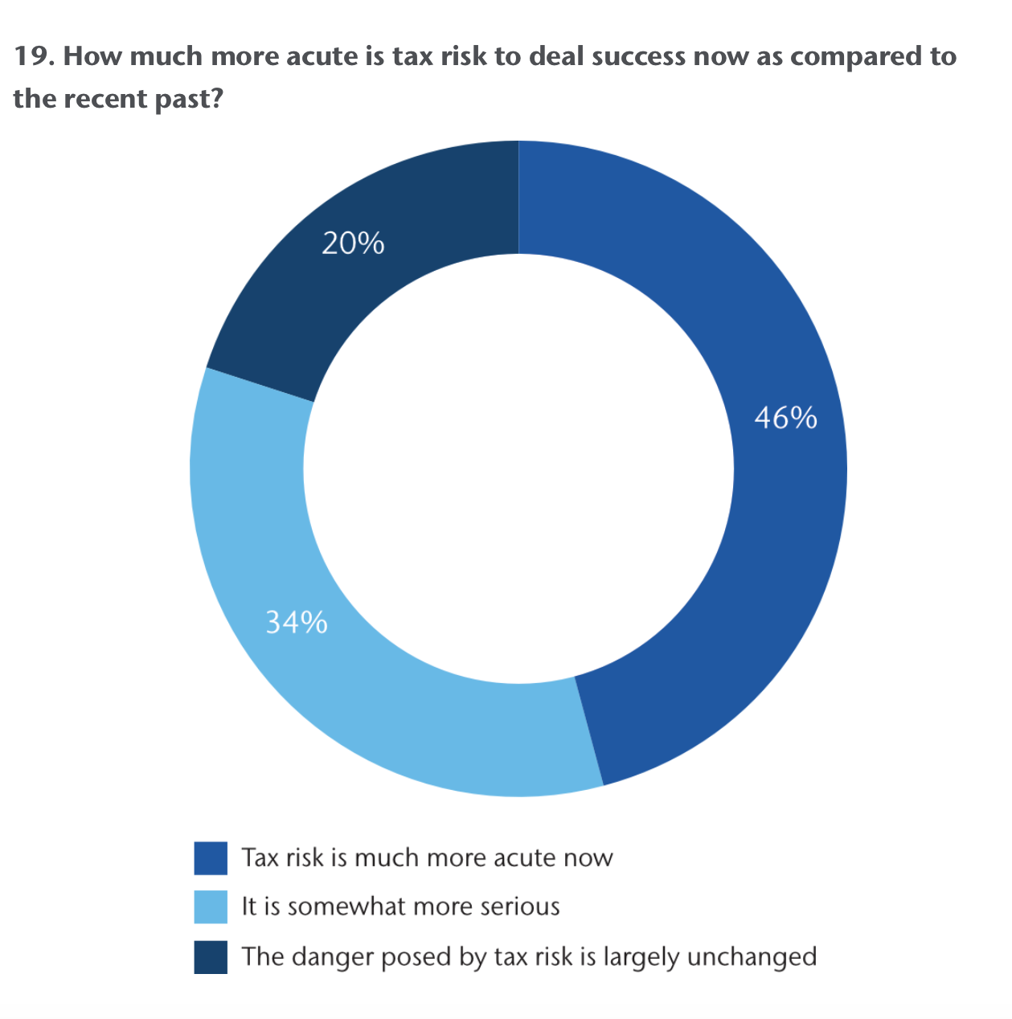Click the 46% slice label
(x=785, y=418)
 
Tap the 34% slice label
(x=297, y=622)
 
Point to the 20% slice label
(x=353, y=243)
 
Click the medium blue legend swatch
(x=211, y=857)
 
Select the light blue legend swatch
(x=211, y=906)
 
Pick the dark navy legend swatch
(x=211, y=956)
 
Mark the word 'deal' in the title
(x=555, y=57)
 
